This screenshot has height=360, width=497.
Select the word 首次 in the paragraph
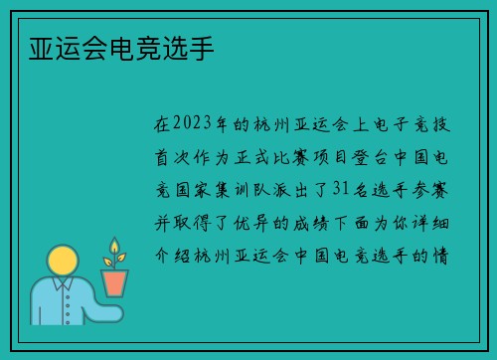coord(167,157)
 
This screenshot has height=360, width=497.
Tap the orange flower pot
coord(115,283)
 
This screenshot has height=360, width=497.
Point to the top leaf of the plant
coord(114,245)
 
